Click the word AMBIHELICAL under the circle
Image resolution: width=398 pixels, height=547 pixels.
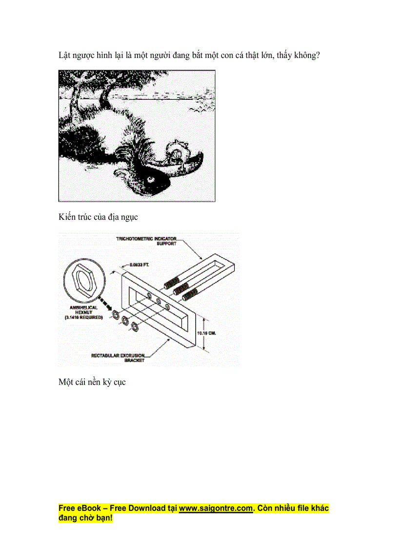(x=83, y=308)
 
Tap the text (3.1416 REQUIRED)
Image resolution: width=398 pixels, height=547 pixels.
(x=83, y=317)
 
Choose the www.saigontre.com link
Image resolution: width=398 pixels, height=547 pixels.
(x=216, y=508)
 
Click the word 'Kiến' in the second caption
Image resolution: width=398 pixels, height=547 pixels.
(x=67, y=216)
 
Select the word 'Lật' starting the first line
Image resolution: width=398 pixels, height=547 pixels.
(x=65, y=56)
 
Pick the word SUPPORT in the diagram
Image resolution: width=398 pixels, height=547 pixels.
(x=166, y=244)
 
